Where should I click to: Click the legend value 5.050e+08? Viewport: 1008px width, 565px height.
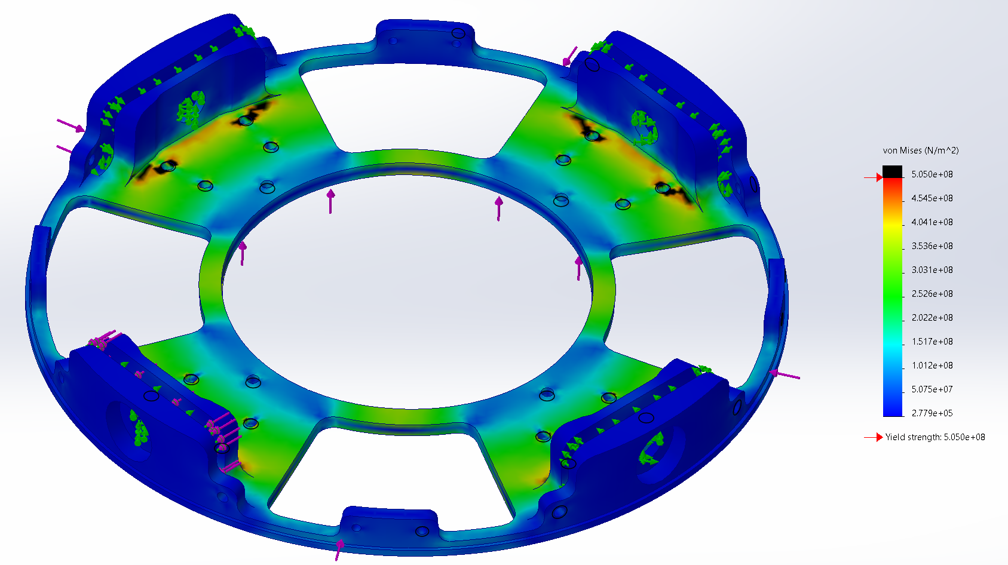(x=932, y=174)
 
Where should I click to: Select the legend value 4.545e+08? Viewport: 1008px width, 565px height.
(x=932, y=198)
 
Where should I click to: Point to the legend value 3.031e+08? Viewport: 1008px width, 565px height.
(x=932, y=270)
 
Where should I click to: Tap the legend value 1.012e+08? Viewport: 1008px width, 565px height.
(x=932, y=366)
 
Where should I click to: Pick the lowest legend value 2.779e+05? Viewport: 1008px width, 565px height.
(x=932, y=413)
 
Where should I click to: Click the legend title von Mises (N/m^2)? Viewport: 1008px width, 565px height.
(x=920, y=151)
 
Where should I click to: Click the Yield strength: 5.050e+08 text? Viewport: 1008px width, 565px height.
(x=935, y=437)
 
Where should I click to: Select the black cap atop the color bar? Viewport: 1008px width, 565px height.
(x=893, y=171)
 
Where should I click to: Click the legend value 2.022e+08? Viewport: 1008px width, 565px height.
(x=932, y=318)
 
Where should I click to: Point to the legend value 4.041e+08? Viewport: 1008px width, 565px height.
(x=932, y=222)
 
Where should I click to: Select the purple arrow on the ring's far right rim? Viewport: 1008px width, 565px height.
(x=785, y=374)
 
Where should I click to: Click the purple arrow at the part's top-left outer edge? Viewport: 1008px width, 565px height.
(x=71, y=125)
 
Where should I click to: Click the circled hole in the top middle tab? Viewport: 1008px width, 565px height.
(x=458, y=33)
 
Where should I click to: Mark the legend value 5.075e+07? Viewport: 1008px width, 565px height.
(x=932, y=389)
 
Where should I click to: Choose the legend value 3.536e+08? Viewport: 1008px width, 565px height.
(x=932, y=246)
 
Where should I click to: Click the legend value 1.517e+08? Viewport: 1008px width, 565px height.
(x=932, y=342)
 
